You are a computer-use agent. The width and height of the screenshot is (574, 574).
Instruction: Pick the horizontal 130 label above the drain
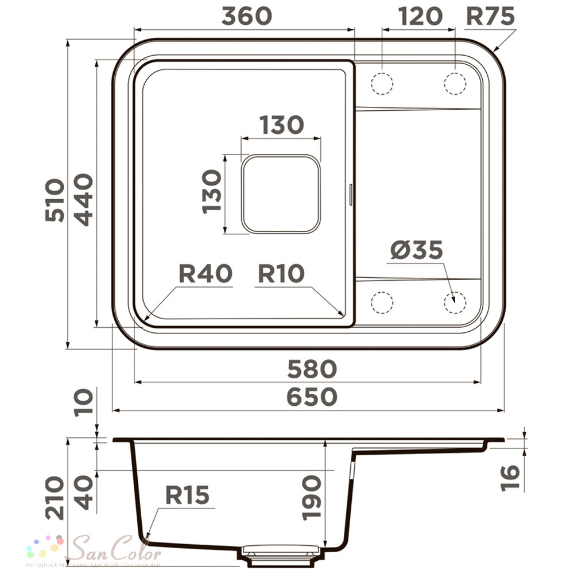(x=281, y=125)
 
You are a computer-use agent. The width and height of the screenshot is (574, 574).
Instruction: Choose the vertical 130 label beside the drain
(x=212, y=191)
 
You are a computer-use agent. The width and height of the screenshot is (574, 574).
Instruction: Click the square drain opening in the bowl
(x=280, y=194)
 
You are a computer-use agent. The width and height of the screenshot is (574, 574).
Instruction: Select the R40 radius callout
(x=205, y=274)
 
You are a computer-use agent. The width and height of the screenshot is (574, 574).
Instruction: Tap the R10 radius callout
(x=281, y=274)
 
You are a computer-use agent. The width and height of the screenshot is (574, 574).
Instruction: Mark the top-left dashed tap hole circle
(x=382, y=84)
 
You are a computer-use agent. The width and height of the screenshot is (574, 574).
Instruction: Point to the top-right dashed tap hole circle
(x=455, y=84)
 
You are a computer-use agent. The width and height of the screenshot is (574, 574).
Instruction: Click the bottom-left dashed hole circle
(x=382, y=302)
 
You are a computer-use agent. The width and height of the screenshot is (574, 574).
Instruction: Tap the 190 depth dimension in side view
(x=313, y=497)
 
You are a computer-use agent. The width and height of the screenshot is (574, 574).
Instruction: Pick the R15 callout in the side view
(x=188, y=494)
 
